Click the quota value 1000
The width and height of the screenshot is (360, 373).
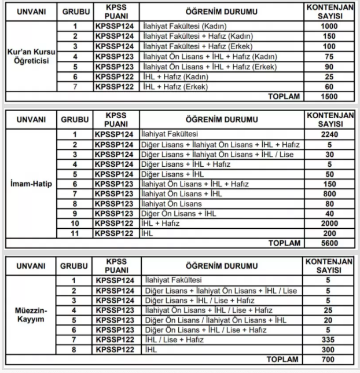[329, 27]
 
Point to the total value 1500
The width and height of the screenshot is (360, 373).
[329, 97]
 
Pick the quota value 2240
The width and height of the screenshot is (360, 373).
[329, 134]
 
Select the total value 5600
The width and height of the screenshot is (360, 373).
[329, 243]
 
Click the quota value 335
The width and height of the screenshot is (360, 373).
[329, 339]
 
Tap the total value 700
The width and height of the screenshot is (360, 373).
[329, 360]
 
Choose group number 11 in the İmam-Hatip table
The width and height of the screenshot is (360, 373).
[74, 233]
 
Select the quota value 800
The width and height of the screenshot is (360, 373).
[329, 193]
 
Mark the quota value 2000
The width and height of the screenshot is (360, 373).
[329, 223]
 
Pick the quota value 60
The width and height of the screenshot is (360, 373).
[329, 87]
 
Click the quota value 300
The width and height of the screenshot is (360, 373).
[329, 349]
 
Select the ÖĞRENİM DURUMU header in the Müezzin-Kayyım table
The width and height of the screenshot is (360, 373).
[222, 266]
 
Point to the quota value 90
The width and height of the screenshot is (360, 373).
[329, 67]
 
